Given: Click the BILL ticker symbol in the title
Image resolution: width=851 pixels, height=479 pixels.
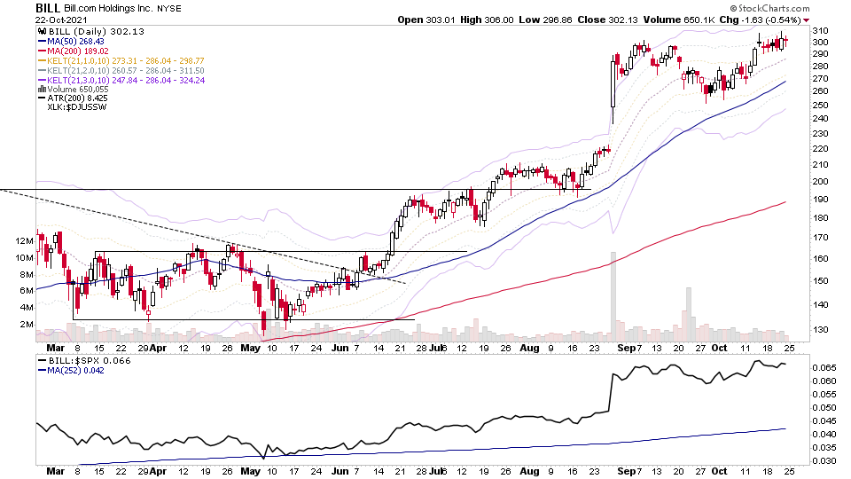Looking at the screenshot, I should pyautogui.click(x=48, y=7).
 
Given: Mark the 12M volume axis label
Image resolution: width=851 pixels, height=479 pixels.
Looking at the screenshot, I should pyautogui.click(x=23, y=241).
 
